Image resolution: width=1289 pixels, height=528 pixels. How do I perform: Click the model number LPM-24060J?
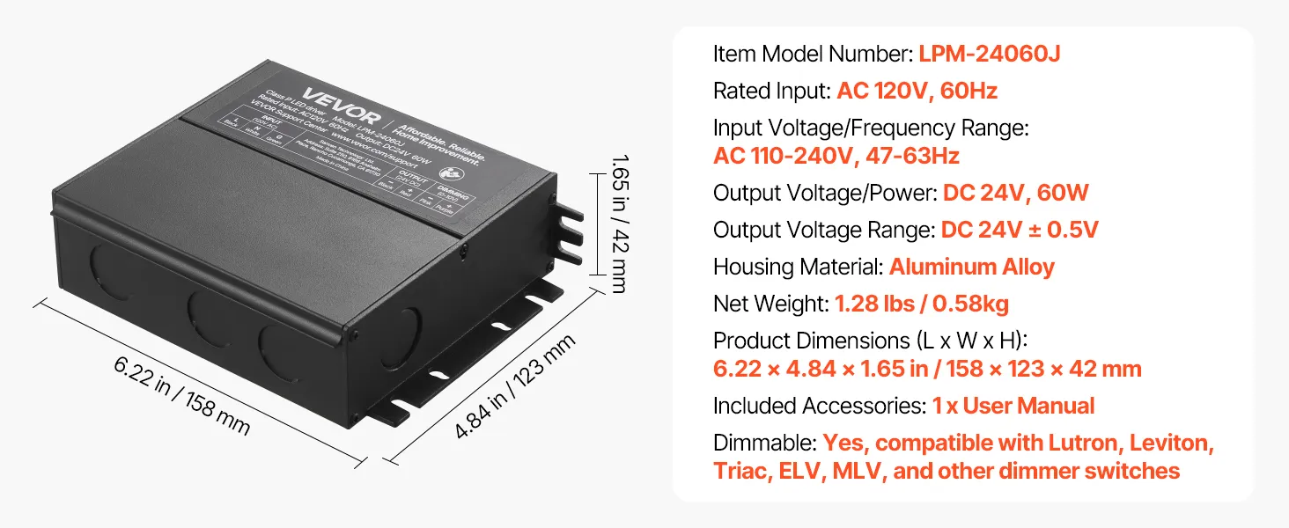point(989,54)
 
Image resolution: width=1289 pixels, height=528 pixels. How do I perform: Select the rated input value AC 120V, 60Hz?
point(917,91)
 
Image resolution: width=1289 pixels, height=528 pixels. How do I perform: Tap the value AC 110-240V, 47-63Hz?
point(836,157)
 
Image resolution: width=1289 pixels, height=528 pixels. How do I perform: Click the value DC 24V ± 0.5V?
point(1020,231)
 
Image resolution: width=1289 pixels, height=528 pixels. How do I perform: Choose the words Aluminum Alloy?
point(971,267)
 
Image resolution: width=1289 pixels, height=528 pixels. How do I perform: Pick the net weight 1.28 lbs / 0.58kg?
point(921,304)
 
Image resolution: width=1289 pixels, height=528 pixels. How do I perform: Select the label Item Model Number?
point(812,54)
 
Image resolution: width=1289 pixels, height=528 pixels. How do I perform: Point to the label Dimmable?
point(764,443)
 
